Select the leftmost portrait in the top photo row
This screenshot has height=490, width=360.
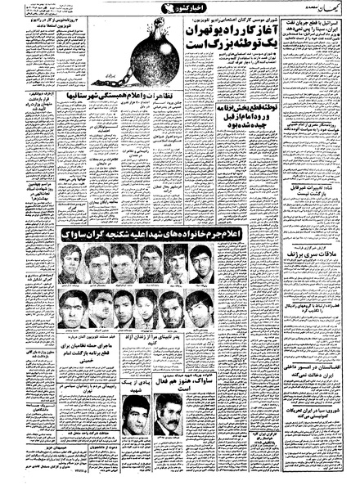tap(70, 264)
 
